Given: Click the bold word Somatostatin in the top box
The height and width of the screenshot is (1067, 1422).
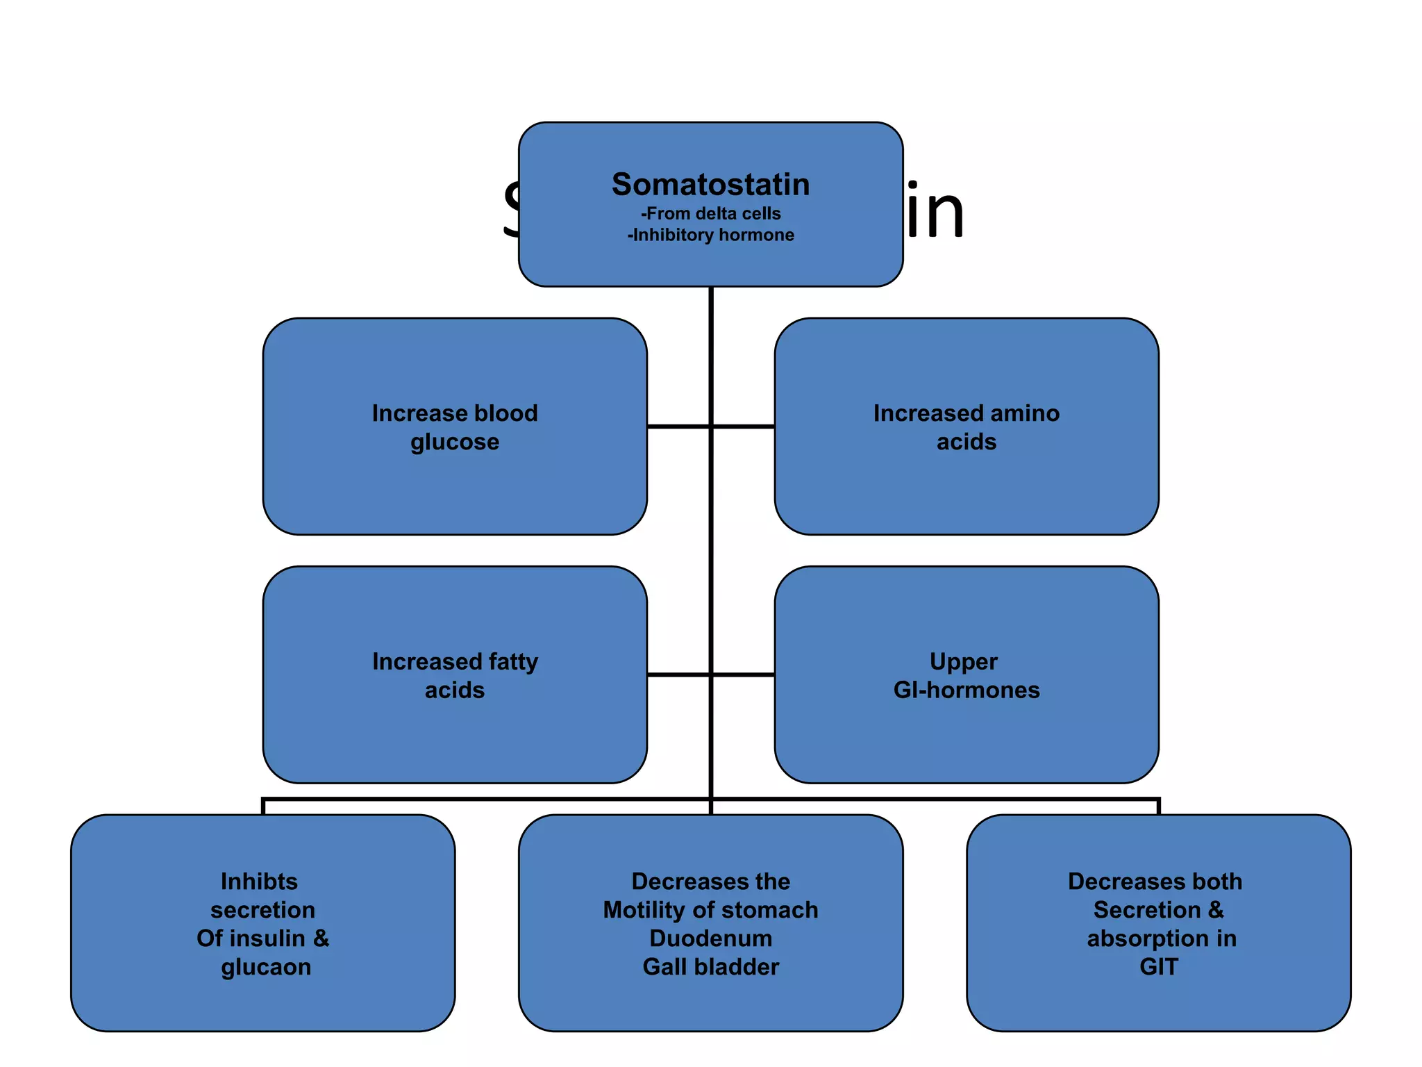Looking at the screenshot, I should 710,185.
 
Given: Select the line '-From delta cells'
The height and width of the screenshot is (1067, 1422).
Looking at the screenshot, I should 710,214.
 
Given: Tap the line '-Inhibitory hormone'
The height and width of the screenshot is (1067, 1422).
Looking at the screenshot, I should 710,235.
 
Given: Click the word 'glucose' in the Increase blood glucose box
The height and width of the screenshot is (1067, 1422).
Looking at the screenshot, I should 455,442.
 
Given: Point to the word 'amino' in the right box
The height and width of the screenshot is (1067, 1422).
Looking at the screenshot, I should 1025,413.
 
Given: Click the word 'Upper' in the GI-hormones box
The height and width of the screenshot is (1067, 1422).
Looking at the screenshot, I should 963,662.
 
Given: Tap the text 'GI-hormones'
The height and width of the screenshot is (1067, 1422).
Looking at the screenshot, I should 966,690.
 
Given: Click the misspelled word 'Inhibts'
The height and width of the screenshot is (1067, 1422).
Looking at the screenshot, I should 259,882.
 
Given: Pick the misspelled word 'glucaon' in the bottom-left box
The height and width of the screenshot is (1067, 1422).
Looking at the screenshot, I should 266,967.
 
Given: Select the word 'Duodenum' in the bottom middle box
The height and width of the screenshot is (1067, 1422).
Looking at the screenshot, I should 710,938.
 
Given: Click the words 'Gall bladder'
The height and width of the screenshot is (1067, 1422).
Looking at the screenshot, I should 710,967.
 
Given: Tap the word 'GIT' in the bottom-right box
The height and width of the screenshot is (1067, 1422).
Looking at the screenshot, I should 1158,967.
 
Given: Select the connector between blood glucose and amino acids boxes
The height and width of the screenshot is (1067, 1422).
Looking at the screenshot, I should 710,426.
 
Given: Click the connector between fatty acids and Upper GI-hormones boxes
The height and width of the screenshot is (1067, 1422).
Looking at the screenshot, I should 710,674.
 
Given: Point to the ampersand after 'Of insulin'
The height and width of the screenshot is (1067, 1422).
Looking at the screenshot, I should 321,938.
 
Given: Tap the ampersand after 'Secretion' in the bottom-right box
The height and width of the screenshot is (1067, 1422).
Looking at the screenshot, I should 1216,910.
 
